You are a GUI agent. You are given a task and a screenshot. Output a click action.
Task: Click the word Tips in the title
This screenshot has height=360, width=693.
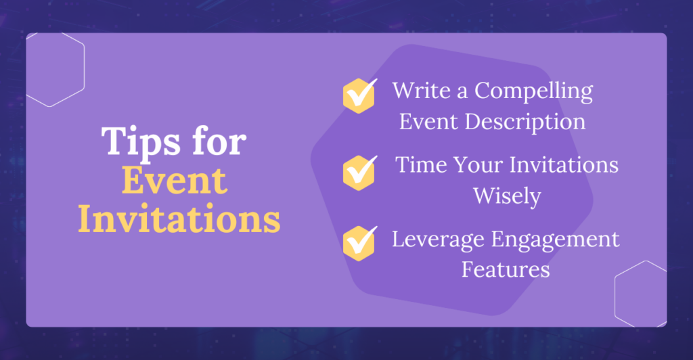coord(141,141)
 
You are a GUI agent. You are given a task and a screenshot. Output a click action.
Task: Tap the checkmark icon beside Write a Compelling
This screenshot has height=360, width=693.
coord(360,95)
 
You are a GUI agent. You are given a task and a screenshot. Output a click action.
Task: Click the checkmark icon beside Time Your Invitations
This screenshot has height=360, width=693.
coord(360,173)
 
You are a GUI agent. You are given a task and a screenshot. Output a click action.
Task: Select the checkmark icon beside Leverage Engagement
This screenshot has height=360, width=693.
coord(360,244)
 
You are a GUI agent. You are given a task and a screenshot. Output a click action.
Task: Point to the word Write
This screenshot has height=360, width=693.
coord(422,91)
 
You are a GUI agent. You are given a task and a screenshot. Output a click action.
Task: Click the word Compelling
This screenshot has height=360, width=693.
coord(533,92)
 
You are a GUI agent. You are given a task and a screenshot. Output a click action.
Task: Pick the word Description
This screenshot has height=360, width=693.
coord(525,122)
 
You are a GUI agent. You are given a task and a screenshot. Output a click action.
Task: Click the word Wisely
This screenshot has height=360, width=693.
coord(507,196)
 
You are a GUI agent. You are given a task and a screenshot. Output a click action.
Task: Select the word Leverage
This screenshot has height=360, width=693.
coord(438,240)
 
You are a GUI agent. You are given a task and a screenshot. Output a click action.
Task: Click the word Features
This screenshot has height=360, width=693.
coord(506,269)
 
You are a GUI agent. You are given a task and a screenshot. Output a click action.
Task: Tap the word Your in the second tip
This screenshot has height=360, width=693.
coord(478,164)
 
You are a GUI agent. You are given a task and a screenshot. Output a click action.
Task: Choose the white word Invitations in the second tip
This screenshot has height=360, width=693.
coord(564,164)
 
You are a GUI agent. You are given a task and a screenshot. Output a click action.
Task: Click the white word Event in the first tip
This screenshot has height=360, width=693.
coord(428,122)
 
